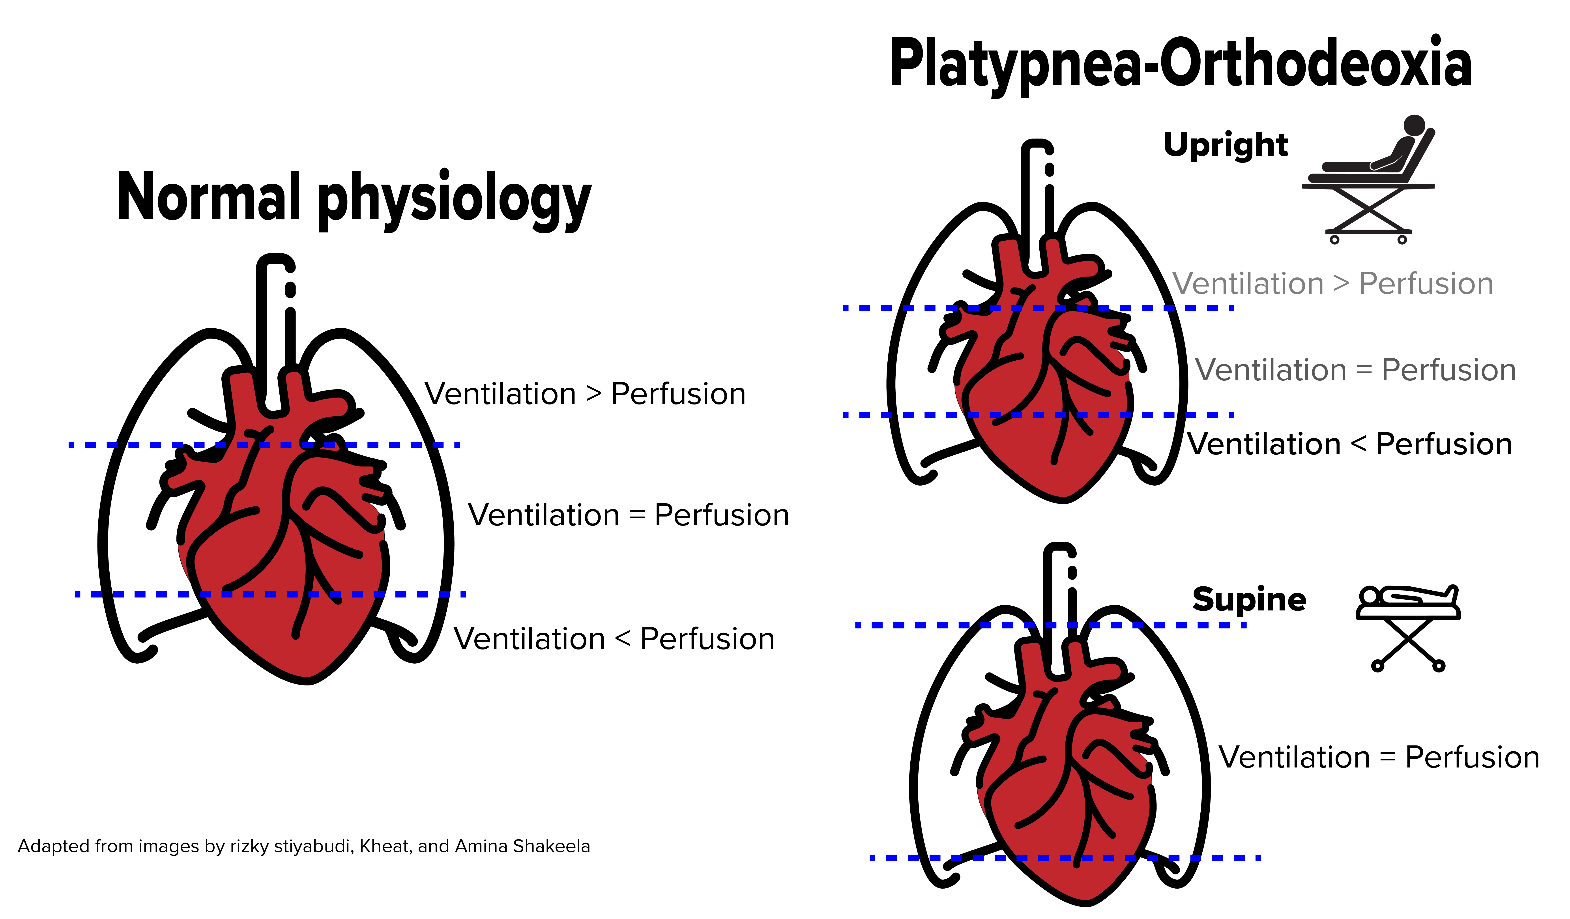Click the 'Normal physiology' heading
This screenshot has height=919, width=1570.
click(x=354, y=198)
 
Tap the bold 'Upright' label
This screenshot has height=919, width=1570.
click(x=1225, y=145)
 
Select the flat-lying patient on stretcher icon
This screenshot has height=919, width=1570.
click(x=1408, y=626)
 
